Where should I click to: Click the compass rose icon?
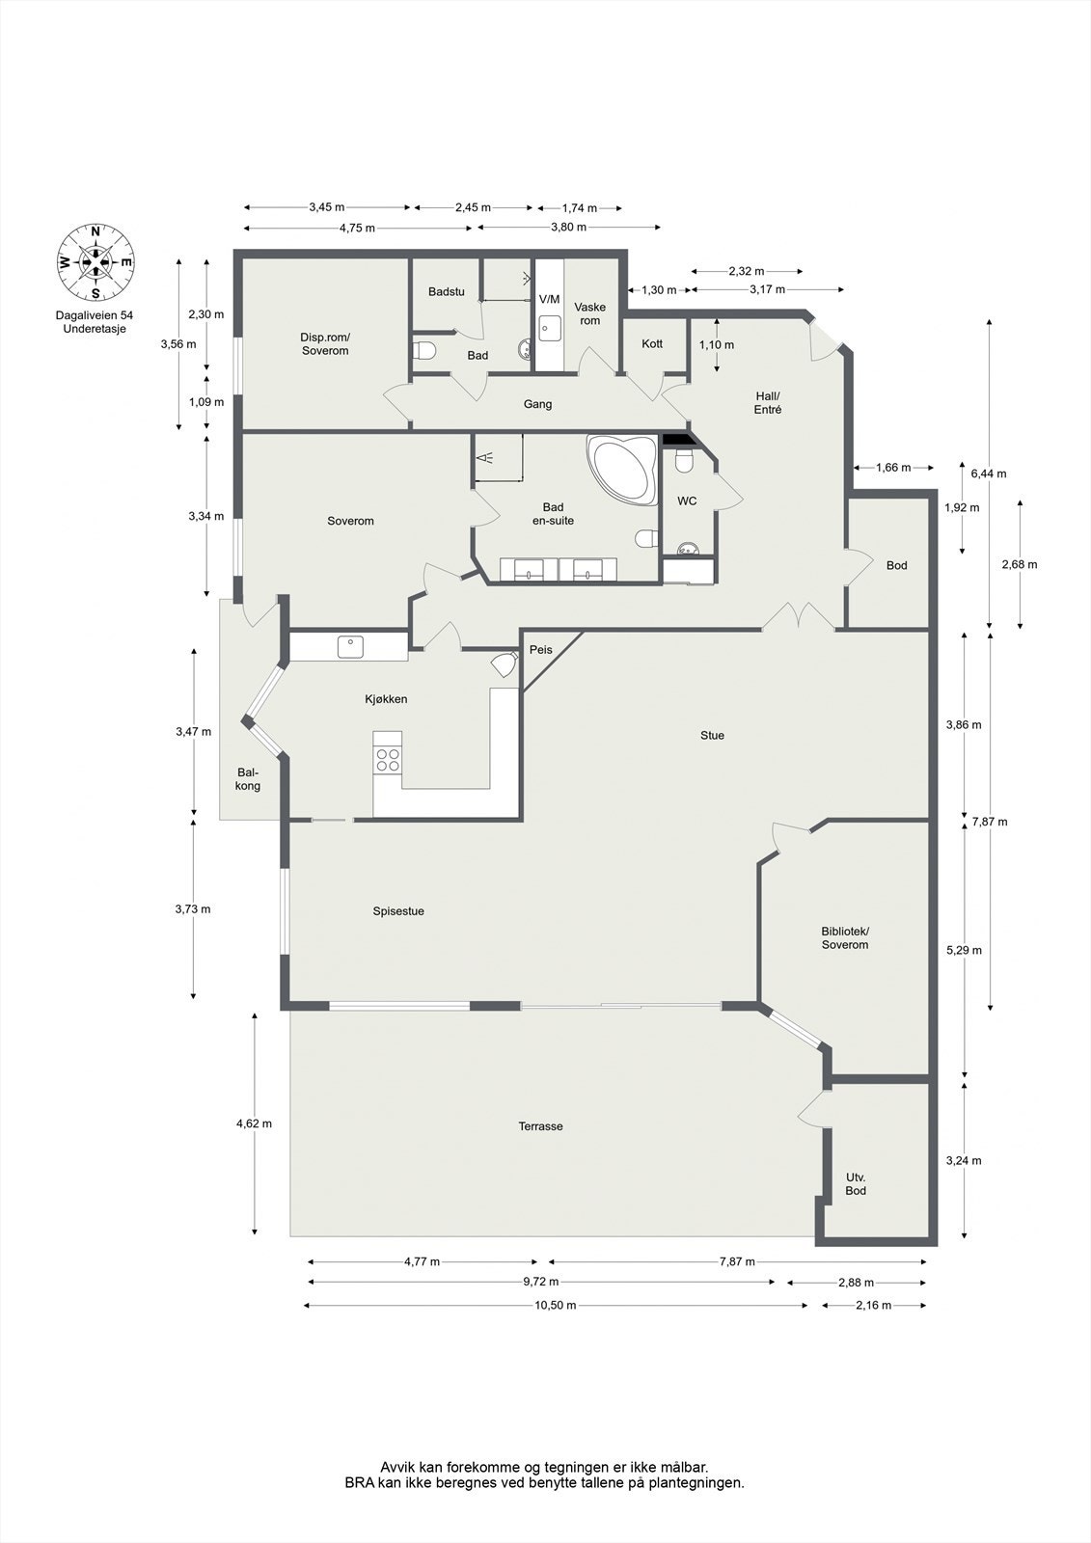(95, 262)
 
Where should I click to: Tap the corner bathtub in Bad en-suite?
(622, 470)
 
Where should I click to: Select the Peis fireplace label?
(541, 650)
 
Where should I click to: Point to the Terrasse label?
(541, 1126)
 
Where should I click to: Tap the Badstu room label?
(446, 291)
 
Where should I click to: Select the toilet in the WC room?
(684, 460)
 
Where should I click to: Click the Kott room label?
(652, 343)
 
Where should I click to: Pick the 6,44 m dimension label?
(989, 474)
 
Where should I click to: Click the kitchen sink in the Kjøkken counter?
(351, 647)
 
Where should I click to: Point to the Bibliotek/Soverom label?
(845, 937)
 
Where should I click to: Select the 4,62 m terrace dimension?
(255, 1123)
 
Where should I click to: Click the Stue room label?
(712, 735)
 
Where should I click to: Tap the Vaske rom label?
(590, 313)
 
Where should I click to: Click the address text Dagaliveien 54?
(95, 315)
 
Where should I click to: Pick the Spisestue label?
(398, 911)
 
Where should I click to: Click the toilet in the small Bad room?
(424, 351)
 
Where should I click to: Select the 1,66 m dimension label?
(893, 468)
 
